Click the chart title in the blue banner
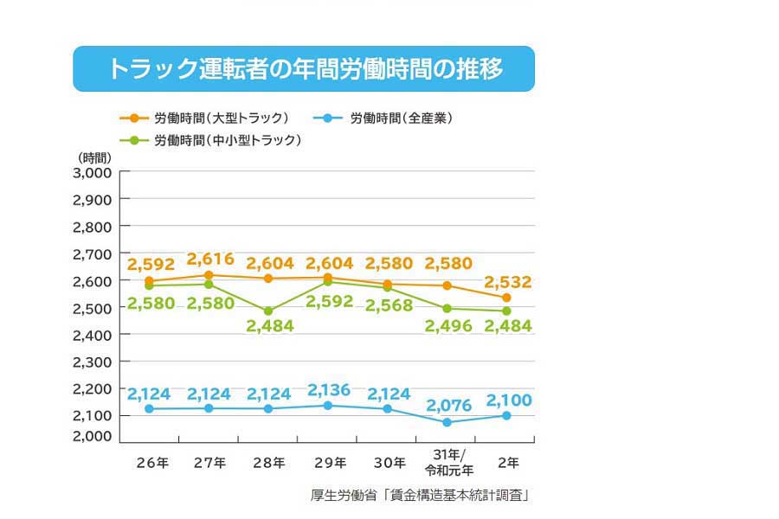click(x=304, y=69)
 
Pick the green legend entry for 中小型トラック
click(x=211, y=139)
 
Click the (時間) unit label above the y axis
click(x=94, y=157)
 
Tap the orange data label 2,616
click(x=209, y=259)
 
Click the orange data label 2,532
click(x=508, y=282)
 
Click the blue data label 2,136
click(x=328, y=389)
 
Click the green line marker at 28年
click(x=268, y=311)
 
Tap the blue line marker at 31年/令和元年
click(x=447, y=422)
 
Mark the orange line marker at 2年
click(x=506, y=298)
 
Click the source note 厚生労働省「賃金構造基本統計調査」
click(x=420, y=496)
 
